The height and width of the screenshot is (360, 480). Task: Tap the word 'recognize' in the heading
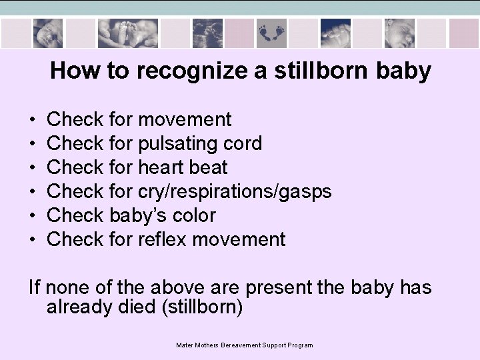[175, 71]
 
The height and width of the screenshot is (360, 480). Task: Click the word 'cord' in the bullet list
[243, 143]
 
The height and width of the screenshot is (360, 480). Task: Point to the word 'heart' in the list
[159, 167]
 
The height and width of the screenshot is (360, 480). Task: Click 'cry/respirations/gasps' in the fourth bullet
[235, 191]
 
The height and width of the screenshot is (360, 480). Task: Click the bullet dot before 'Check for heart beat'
[33, 168]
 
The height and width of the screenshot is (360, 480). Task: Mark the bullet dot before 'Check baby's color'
[33, 216]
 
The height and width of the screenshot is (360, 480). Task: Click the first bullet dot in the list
[33, 120]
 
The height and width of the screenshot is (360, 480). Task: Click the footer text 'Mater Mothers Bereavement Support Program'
[244, 345]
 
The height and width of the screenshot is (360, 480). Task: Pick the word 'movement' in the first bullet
[185, 119]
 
